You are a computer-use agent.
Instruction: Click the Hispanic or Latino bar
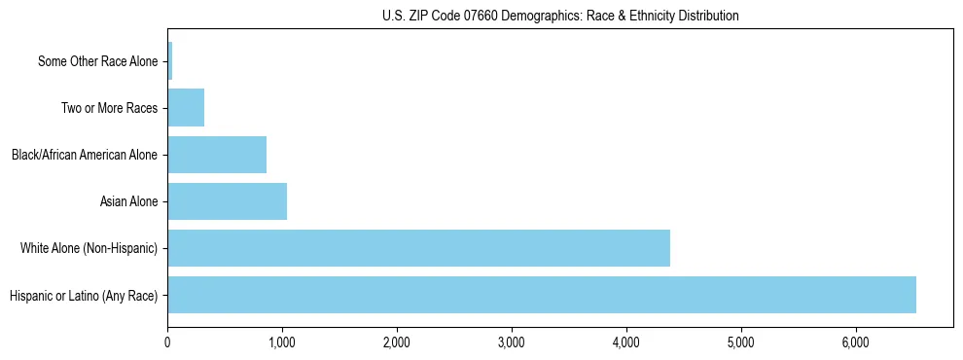click(542, 295)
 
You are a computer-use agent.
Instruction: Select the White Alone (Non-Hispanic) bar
click(418, 248)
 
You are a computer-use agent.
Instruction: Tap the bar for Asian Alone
click(227, 201)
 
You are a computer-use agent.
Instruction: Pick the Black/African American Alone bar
click(217, 155)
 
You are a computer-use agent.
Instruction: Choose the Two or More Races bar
click(186, 108)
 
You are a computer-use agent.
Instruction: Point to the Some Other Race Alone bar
click(170, 61)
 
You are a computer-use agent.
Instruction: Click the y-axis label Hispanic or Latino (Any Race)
click(84, 296)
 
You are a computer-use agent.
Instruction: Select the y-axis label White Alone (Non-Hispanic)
click(89, 249)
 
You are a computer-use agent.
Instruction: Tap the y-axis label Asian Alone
click(128, 202)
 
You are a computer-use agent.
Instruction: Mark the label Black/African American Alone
click(85, 156)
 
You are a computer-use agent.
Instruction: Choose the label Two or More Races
click(109, 109)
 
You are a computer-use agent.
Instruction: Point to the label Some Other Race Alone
click(97, 62)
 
